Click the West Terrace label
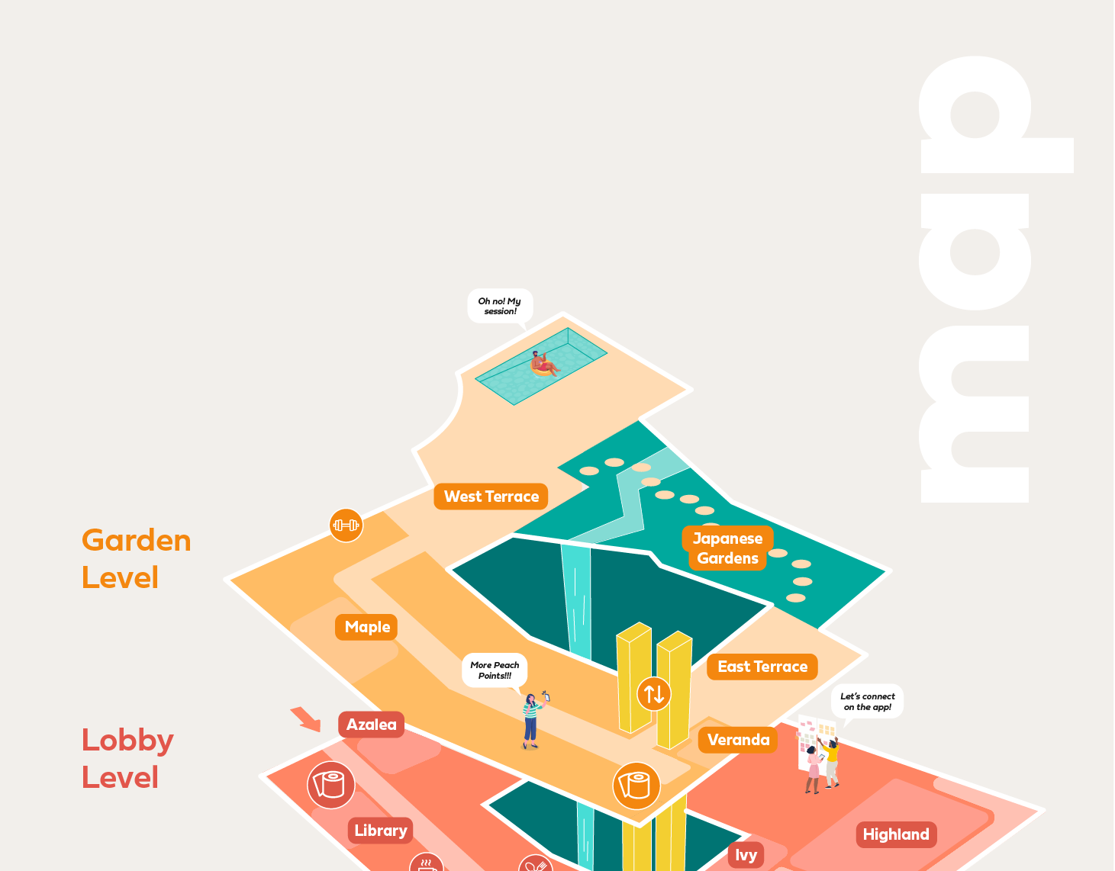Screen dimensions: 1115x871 491,497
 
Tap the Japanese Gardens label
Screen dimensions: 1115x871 727,548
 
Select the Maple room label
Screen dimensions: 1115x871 367,627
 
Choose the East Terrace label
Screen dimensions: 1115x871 762,667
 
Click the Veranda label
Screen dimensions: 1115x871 738,740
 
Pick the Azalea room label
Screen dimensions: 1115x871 372,725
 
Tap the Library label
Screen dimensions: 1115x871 380,831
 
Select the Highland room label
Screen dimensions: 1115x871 896,834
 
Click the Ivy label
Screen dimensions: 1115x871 746,855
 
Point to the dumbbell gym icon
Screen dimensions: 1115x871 346,525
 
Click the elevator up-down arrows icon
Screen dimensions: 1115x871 654,694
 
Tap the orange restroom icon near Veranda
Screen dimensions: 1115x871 636,786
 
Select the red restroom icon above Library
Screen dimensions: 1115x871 331,785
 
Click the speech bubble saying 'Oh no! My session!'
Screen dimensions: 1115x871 500,306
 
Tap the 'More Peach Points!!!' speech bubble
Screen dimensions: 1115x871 495,670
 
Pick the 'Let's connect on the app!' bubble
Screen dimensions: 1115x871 867,702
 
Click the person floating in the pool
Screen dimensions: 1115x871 543,364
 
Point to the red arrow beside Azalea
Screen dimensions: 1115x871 306,718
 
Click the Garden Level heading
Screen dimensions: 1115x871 136,559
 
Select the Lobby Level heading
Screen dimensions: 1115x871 127,759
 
